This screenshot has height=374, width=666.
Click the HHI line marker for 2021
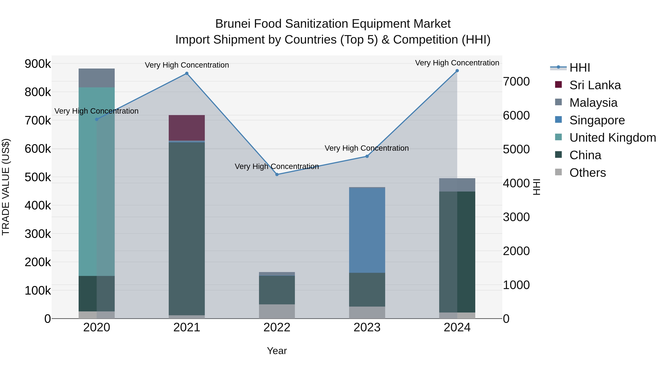(x=187, y=73)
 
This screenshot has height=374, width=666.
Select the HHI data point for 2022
(x=277, y=175)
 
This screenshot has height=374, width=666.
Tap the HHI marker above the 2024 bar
(x=457, y=71)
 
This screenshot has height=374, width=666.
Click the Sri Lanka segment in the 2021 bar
(x=187, y=128)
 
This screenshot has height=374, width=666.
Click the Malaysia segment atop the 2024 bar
(x=457, y=185)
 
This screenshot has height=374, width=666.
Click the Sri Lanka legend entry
(x=595, y=85)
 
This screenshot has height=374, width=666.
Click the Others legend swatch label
(x=587, y=173)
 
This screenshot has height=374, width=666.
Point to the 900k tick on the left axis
(x=38, y=64)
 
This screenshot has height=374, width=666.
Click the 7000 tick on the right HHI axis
(x=516, y=82)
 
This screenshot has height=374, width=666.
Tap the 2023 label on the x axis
(x=367, y=327)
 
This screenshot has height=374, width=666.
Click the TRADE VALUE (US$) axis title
(x=6, y=187)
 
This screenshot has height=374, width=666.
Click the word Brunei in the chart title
(x=233, y=24)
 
